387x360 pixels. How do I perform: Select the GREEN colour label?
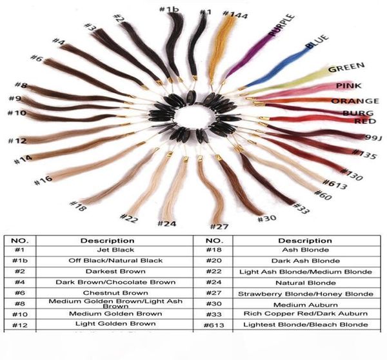click(x=346, y=66)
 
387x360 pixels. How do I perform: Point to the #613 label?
click(x=335, y=184)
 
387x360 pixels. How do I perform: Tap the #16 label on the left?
click(x=43, y=181)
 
